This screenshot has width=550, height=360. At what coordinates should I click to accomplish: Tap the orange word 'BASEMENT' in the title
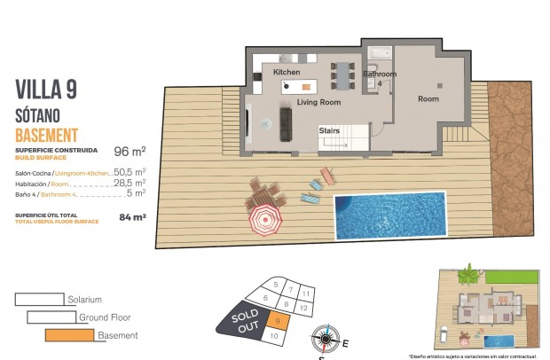(47, 135)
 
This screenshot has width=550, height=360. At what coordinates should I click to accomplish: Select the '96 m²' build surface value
(130, 152)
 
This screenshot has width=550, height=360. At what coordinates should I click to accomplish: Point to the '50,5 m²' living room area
(130, 171)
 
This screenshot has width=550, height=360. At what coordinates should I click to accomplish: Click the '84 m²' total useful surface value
(132, 215)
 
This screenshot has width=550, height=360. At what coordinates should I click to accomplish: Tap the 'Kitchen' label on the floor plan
(287, 71)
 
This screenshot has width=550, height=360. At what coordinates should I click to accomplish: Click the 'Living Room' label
(318, 103)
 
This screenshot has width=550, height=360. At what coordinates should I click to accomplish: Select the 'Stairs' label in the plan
(329, 130)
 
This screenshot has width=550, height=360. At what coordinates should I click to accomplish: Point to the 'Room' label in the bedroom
(428, 99)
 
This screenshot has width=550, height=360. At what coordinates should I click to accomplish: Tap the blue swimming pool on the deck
(389, 214)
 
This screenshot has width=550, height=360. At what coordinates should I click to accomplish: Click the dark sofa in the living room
(287, 123)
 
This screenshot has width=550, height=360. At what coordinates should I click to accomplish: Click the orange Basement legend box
(69, 334)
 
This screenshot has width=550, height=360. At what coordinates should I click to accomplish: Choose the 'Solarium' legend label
(85, 300)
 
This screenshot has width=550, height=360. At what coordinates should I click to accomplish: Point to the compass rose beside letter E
(325, 338)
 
